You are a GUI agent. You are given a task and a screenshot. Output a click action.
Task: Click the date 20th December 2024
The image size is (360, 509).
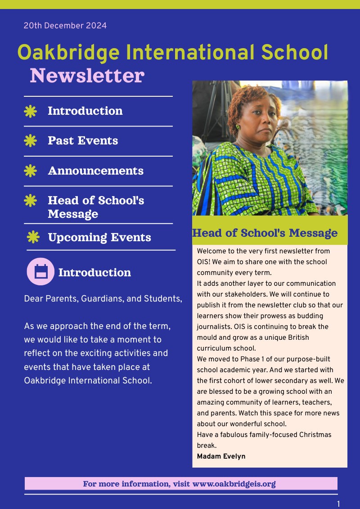click(x=65, y=26)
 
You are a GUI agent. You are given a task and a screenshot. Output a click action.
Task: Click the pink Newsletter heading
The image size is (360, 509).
click(x=87, y=76)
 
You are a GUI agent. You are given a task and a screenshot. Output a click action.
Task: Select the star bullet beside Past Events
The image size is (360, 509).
click(x=30, y=141)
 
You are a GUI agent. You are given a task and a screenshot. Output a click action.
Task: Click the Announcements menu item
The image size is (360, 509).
click(x=95, y=171)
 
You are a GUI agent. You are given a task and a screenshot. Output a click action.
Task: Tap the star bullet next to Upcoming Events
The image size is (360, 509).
click(x=33, y=237)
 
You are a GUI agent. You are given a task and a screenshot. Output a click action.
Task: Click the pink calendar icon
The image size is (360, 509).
click(x=40, y=271)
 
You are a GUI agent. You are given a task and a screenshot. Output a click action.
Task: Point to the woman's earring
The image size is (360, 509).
click(x=238, y=126)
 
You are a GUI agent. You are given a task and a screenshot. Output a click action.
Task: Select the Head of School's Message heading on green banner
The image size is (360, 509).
click(x=265, y=233)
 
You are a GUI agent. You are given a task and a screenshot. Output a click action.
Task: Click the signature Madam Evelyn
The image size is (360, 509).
click(x=221, y=456)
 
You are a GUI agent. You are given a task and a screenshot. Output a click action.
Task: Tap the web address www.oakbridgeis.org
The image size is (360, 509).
click(x=234, y=484)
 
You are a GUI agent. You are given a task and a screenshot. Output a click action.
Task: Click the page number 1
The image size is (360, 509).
click(x=338, y=504)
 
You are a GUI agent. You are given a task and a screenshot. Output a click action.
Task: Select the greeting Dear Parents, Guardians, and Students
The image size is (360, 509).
click(x=103, y=299)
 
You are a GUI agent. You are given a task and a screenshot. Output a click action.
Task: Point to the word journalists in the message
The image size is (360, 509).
click(x=215, y=327)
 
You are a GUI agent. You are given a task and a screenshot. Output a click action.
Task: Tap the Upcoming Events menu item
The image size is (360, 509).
click(x=99, y=237)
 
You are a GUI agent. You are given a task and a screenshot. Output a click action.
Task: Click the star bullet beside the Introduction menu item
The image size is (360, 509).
click(x=30, y=111)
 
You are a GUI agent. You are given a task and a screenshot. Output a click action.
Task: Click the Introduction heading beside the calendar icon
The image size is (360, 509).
click(x=94, y=272)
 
